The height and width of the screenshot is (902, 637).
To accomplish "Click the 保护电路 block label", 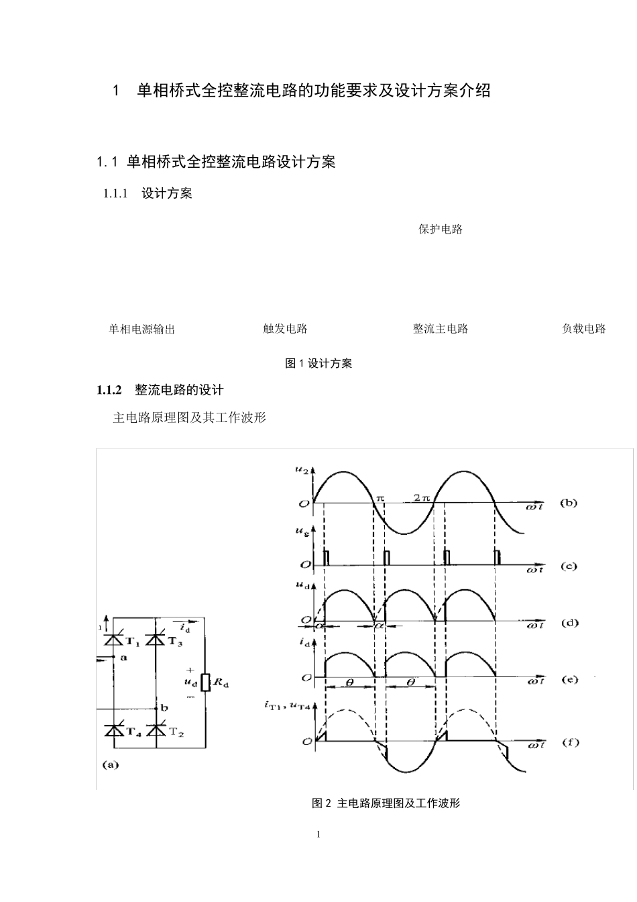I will tap(441, 230).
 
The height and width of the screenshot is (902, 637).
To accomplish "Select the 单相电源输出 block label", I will tap(142, 329).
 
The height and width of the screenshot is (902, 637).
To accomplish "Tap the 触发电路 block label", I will tap(285, 329).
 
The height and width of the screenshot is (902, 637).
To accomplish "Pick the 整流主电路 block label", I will tap(441, 329).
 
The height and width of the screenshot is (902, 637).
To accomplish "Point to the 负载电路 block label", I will tap(583, 329).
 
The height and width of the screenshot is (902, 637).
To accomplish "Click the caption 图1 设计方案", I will tap(318, 363).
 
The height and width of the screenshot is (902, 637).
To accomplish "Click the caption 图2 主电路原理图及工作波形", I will tap(386, 803).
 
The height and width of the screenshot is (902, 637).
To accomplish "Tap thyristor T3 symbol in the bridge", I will tap(156, 640).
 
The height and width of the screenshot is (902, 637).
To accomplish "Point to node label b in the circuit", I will tap(164, 708).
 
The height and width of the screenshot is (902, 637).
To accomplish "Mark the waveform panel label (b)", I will tap(569, 502).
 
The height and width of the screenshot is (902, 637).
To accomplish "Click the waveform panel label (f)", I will tap(570, 742).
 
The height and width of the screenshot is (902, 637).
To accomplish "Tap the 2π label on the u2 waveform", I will tap(420, 497).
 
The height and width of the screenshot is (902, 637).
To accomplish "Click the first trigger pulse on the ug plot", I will tap(327, 558).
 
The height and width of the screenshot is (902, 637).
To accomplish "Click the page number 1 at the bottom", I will tap(318, 834).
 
